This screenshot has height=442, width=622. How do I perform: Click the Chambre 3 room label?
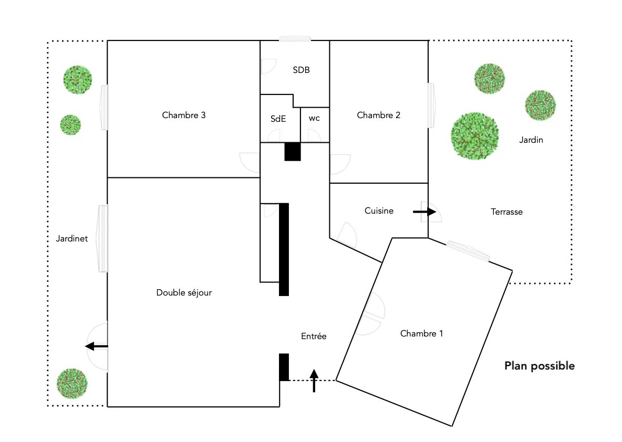(183, 115)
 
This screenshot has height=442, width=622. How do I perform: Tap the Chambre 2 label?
(378, 115)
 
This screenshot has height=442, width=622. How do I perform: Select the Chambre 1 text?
(421, 333)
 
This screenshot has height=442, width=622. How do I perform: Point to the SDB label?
(301, 70)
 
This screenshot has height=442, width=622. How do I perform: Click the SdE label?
(278, 119)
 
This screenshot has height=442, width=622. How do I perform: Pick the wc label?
(314, 119)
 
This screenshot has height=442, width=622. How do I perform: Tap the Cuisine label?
(379, 211)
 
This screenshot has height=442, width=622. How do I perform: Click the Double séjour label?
(184, 292)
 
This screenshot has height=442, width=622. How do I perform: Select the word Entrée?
(314, 336)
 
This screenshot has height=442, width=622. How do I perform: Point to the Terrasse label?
(506, 212)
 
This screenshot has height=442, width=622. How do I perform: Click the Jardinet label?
(72, 238)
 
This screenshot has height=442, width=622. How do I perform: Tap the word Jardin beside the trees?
(531, 140)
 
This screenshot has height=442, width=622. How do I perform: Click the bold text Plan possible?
(539, 366)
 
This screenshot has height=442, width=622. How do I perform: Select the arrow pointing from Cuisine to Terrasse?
(424, 212)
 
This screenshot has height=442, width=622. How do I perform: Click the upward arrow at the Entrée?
(314, 381)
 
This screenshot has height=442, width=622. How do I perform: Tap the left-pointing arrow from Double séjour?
(97, 346)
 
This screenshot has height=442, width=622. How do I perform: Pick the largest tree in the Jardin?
(474, 135)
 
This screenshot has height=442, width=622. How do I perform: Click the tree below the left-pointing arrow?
(71, 383)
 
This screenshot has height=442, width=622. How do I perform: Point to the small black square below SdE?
(292, 151)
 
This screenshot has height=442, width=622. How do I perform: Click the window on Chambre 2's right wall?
(431, 104)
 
